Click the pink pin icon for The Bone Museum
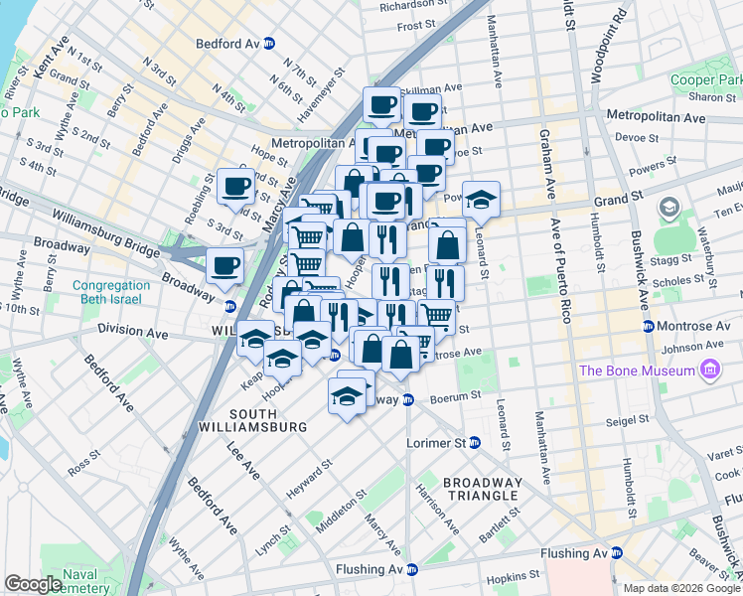coord(709,372)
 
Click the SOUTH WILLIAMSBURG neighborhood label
coord(267,420)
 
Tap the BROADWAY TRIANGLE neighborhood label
coord(481,488)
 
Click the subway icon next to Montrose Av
coord(648,326)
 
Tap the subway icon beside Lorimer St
coord(475,443)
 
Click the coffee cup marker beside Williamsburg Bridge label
coord(224,265)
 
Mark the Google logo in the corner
coord(33,584)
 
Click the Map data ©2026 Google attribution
coord(681,588)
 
